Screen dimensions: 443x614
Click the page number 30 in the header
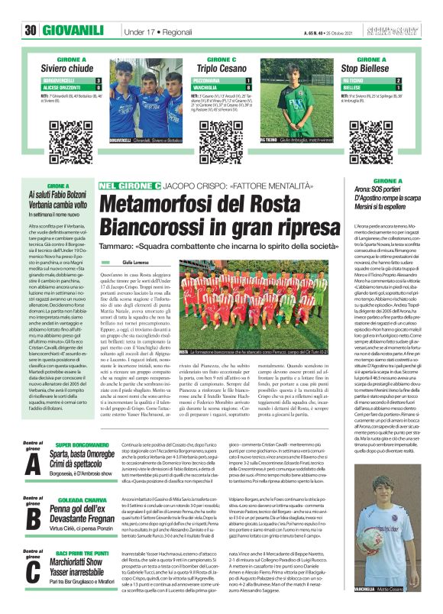pyautogui.click(x=31, y=31)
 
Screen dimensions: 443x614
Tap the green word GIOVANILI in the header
pyautogui.click(x=73, y=31)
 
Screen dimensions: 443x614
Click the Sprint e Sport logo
pyautogui.click(x=400, y=31)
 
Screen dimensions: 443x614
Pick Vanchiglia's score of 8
pyautogui.click(x=249, y=88)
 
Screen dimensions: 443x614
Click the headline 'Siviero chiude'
pyautogui.click(x=68, y=69)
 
